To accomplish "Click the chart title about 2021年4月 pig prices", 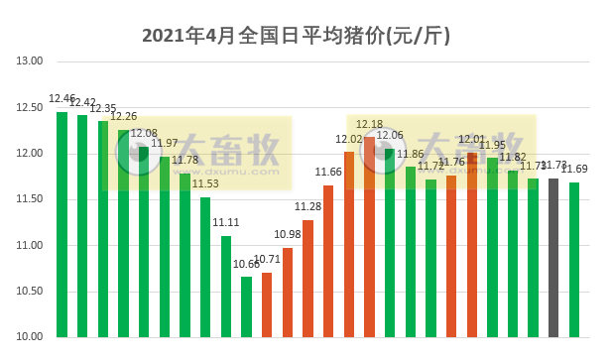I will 298,36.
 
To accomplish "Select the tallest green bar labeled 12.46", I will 62,224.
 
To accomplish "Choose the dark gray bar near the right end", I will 553,257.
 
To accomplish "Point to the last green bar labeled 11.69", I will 574,259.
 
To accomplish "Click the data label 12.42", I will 83,103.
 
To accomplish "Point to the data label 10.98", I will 288,234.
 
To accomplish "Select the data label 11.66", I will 328,173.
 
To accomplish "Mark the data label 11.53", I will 205,184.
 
